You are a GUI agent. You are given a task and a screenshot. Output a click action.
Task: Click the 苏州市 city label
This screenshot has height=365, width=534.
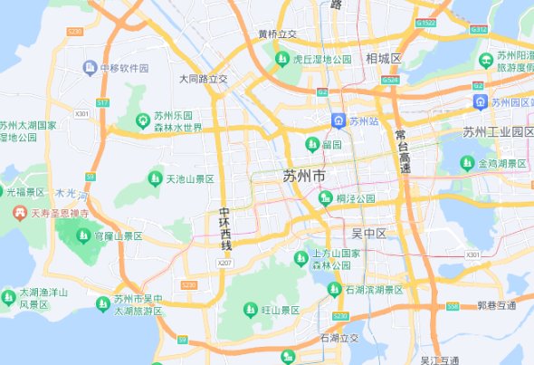[x=305, y=175]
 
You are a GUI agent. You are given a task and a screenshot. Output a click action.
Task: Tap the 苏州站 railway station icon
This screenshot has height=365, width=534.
[x=337, y=120]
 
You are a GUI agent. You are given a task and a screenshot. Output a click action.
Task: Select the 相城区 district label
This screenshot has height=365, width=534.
[x=384, y=59]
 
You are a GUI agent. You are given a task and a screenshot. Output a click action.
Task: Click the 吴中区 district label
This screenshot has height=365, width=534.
[x=368, y=234]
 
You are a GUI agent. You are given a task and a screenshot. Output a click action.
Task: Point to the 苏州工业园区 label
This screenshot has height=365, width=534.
[x=499, y=132]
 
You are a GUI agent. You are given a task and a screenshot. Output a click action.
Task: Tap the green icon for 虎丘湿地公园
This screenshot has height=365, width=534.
[x=282, y=60]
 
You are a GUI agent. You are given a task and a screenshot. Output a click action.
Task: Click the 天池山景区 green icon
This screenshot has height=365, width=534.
[x=155, y=179]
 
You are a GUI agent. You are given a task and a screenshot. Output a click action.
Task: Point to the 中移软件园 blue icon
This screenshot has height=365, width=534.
[x=89, y=68]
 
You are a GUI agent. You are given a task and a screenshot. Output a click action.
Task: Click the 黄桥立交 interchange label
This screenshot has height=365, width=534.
[x=277, y=34]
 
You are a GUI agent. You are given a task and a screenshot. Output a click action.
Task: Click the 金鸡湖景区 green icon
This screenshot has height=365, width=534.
[x=467, y=164]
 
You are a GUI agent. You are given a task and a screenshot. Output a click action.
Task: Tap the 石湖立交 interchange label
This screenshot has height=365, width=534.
[x=339, y=338]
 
